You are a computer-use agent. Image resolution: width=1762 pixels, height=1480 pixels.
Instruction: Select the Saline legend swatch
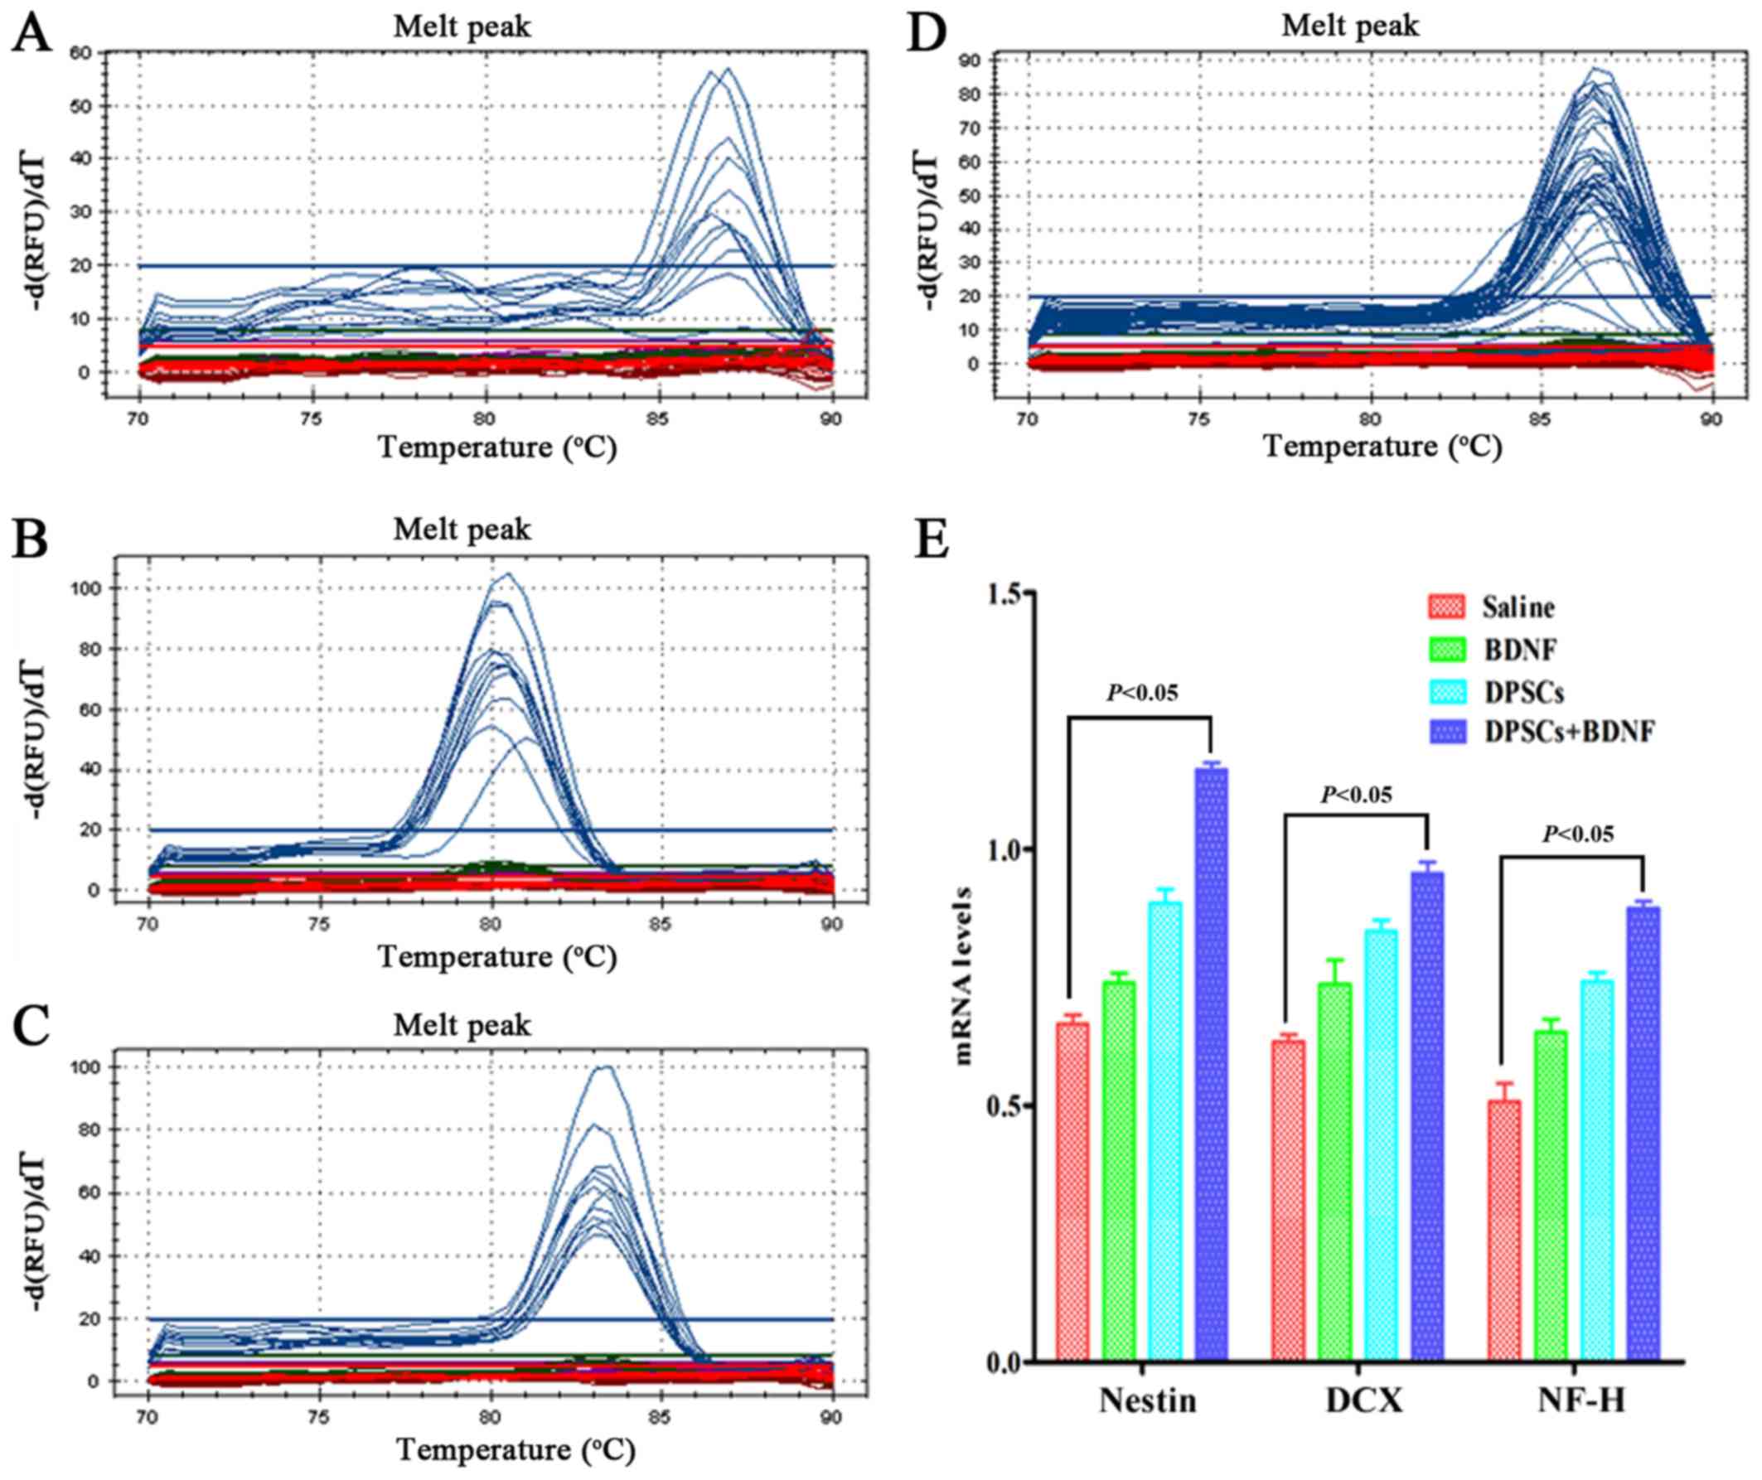point(1445,606)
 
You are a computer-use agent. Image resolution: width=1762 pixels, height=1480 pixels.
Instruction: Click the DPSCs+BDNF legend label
point(1569,732)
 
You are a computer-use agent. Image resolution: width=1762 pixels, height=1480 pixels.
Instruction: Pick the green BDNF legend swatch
point(1445,649)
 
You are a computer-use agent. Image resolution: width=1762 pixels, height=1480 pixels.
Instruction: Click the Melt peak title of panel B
point(462,530)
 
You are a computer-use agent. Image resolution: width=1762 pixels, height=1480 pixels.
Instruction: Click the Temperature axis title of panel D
point(1381,447)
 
